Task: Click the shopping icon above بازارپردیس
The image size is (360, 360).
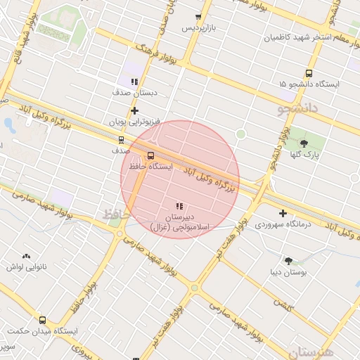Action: tap(198, 17)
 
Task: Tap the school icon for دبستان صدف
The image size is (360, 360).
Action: tap(134, 82)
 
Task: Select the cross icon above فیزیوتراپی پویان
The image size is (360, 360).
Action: tap(134, 110)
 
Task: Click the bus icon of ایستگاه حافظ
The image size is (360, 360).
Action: tap(151, 155)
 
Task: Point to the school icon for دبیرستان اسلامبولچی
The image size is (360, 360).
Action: tap(179, 206)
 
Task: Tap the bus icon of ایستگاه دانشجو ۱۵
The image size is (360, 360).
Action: tap(309, 73)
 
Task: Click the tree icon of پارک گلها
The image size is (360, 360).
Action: tap(304, 143)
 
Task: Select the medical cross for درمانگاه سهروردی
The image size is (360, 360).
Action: tap(283, 213)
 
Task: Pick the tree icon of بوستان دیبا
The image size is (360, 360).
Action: tap(288, 261)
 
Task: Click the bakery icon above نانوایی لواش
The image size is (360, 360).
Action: tap(27, 257)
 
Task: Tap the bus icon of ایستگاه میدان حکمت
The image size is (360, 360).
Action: tap(42, 319)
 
